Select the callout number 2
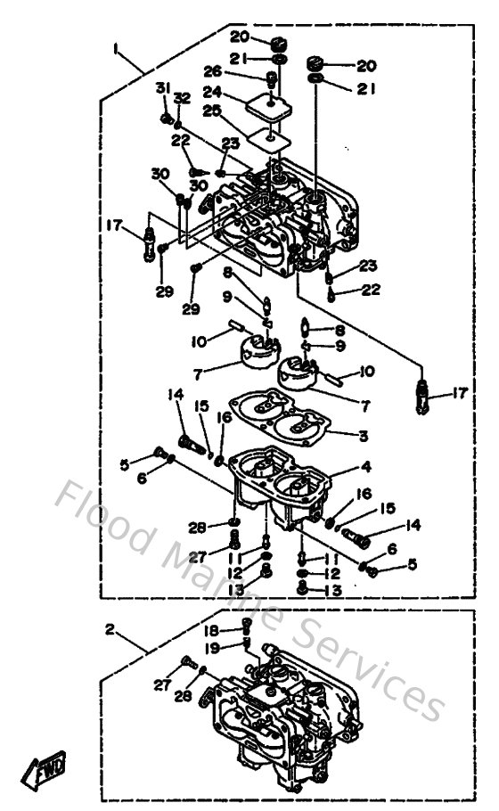coord(110,629)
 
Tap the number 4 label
coord(365,466)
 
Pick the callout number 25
coord(211,110)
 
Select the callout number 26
coord(211,71)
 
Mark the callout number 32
coord(182,96)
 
